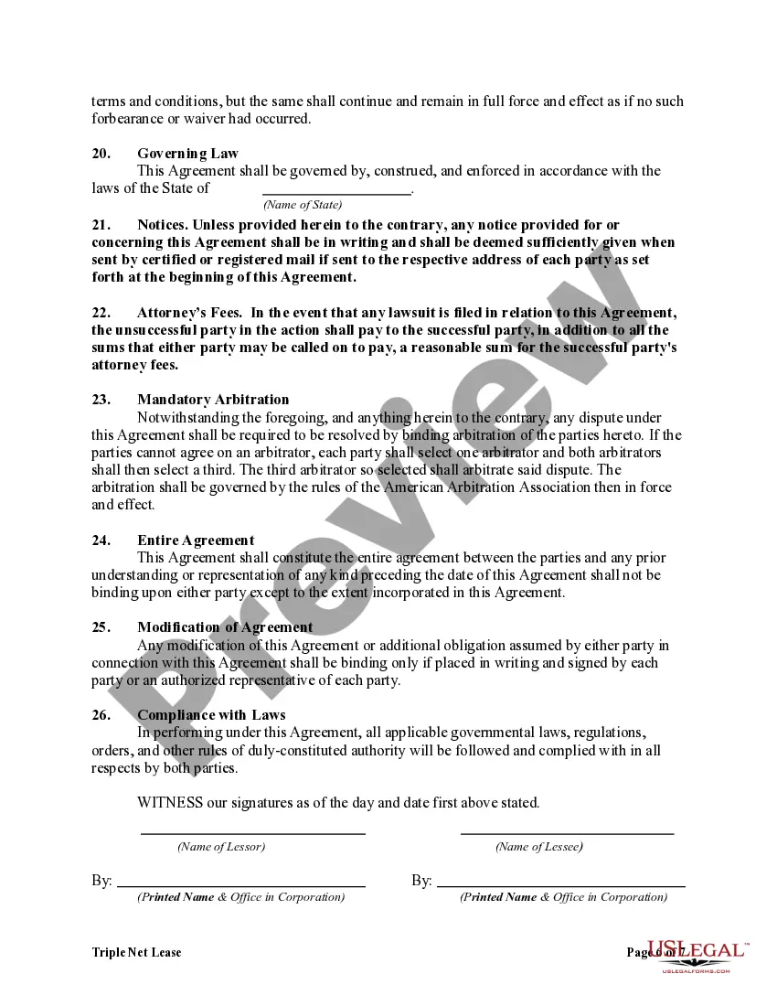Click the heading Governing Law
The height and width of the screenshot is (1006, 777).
click(187, 154)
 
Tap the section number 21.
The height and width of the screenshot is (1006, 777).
click(101, 225)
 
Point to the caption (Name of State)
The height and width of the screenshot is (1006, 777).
click(303, 205)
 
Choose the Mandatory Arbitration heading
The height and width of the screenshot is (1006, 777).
click(213, 400)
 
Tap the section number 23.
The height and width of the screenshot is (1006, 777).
click(101, 400)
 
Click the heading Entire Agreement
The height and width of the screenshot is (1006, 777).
click(196, 540)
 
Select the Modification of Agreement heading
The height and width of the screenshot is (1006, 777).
click(225, 627)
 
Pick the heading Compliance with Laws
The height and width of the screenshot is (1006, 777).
click(211, 715)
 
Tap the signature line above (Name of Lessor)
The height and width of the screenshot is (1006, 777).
click(252, 832)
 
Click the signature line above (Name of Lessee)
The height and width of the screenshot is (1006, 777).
click(567, 832)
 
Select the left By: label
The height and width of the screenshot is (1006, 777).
click(101, 881)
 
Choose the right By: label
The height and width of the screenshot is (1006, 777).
click(421, 881)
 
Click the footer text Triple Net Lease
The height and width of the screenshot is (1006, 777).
click(136, 953)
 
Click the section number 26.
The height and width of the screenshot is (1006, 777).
click(101, 715)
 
